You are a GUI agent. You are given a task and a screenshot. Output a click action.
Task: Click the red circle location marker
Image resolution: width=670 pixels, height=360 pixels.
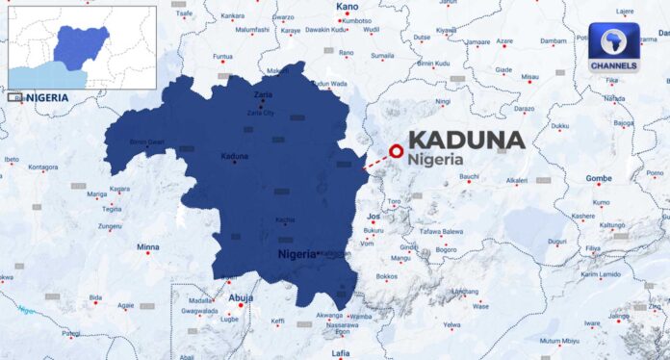click(395, 150)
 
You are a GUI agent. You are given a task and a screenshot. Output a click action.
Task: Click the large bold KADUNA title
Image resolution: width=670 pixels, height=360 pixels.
click(467, 141)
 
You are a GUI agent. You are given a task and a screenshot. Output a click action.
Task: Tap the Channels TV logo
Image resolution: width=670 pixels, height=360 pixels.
click(613, 49)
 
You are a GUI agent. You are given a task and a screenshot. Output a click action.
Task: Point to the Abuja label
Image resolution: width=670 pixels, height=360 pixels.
click(241, 298)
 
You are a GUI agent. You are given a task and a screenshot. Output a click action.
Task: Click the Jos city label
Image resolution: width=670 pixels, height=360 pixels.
click(374, 218)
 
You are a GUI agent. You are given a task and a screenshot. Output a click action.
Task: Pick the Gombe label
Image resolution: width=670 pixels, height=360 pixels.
click(599, 179)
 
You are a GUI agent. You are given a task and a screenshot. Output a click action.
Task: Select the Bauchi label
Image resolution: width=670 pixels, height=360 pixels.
click(469, 177)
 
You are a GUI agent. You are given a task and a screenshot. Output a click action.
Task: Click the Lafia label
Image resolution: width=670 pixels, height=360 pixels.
click(341, 353)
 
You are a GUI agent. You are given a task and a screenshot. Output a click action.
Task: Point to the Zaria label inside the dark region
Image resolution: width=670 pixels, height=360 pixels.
click(263, 94)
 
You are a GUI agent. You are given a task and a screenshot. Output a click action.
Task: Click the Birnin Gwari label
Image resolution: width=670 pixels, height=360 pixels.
click(147, 142)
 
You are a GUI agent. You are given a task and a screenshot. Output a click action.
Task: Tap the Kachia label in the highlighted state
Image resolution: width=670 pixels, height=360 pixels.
click(285, 220)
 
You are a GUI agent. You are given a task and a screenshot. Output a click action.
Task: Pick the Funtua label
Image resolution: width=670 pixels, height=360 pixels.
click(222, 56)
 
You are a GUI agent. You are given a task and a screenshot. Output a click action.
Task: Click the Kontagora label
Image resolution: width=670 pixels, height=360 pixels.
click(43, 167)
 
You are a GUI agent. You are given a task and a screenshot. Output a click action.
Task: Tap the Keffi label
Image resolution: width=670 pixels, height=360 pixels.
click(277, 321)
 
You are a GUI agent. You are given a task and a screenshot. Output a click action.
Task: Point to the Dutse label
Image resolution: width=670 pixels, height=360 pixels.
click(422, 38)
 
